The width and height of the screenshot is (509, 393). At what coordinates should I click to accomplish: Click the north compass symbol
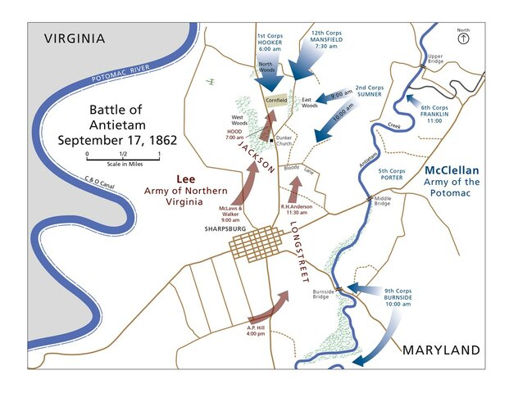464,38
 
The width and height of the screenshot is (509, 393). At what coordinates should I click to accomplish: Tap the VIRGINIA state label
75,38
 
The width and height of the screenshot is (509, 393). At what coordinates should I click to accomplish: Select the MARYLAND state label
440,350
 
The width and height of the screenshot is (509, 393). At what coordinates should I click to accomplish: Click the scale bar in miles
122,155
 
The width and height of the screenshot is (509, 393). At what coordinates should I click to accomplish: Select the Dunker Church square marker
271,141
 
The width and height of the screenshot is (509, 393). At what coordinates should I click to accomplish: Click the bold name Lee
186,178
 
